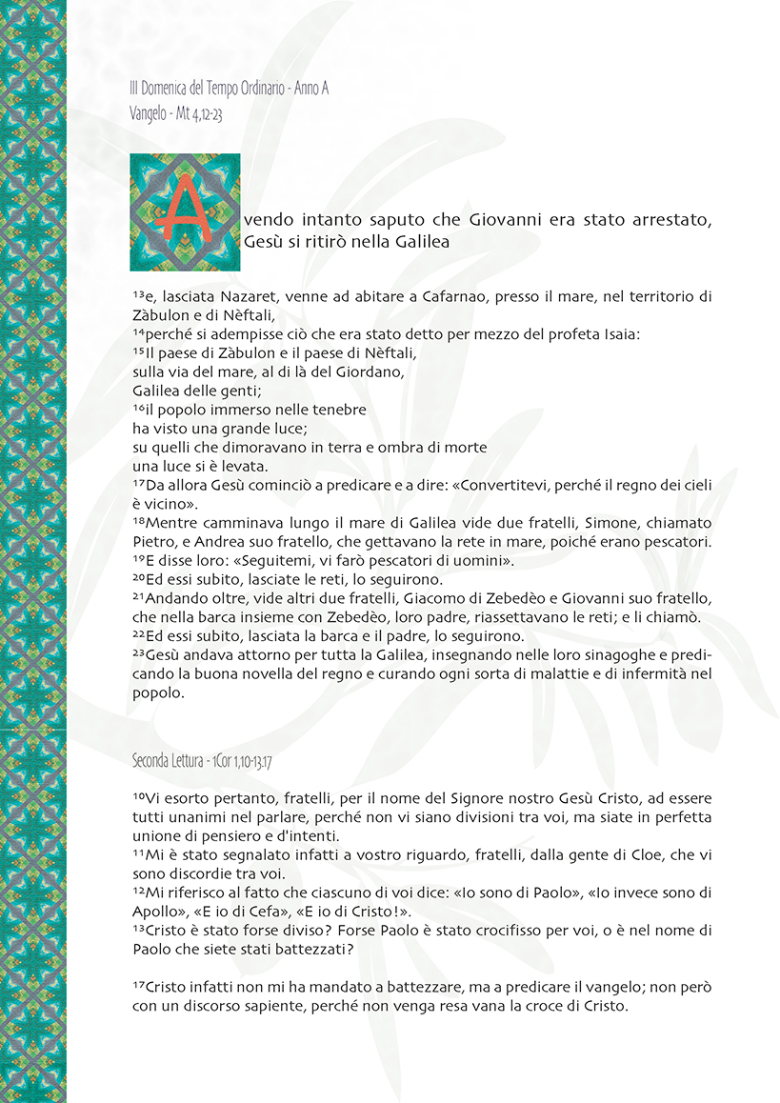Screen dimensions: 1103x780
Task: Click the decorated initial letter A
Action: pyautogui.click(x=186, y=212)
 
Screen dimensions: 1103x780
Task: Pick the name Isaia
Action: pyautogui.click(x=623, y=334)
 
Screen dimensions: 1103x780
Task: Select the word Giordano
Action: pyautogui.click(x=374, y=371)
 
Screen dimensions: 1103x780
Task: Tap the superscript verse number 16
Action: pyautogui.click(x=139, y=408)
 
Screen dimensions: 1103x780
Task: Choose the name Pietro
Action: pyautogui.click(x=152, y=541)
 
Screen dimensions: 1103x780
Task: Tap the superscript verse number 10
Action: pyautogui.click(x=139, y=795)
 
